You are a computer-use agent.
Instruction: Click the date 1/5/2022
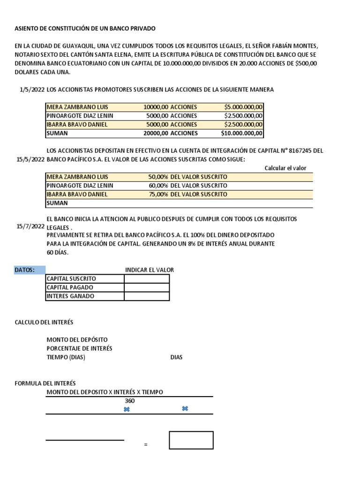pos(30,89)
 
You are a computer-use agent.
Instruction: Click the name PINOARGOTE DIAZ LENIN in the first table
pos(80,116)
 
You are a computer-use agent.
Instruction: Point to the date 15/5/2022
pos(30,159)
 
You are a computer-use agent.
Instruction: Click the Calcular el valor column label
pos(285,168)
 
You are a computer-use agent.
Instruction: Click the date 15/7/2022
pos(30,226)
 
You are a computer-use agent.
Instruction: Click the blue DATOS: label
pos(30,270)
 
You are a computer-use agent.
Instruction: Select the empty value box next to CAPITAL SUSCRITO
pos(146,279)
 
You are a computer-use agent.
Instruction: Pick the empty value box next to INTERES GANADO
pos(146,296)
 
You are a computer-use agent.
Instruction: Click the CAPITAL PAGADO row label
pos(69,287)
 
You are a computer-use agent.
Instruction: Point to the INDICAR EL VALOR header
pos(149,270)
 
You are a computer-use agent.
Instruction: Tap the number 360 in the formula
pos(129,401)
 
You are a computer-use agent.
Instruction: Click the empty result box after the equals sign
pos(191,440)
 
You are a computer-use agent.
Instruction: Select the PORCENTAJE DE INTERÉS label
pos(79,348)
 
